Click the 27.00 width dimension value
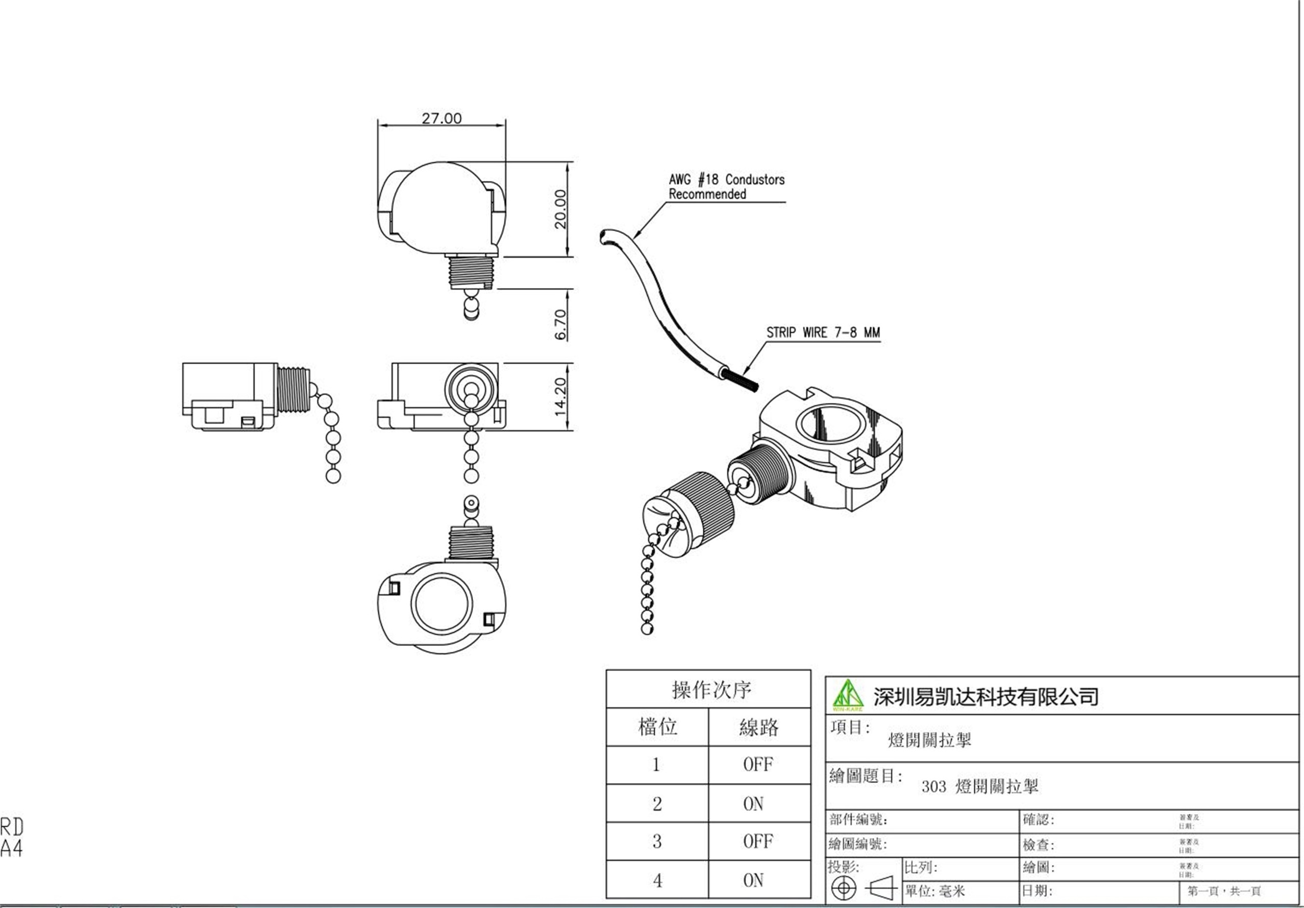441,118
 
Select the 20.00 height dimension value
560,209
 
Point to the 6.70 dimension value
560,324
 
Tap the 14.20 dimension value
560,397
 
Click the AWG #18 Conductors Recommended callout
726,187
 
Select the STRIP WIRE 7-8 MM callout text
823,333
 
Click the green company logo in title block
847,695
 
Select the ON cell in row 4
753,880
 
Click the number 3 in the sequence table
657,842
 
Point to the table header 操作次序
710,690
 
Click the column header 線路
759,727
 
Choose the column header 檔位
658,727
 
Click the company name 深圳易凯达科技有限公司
986,697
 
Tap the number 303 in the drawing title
933,787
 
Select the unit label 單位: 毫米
935,891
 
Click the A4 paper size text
12,848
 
